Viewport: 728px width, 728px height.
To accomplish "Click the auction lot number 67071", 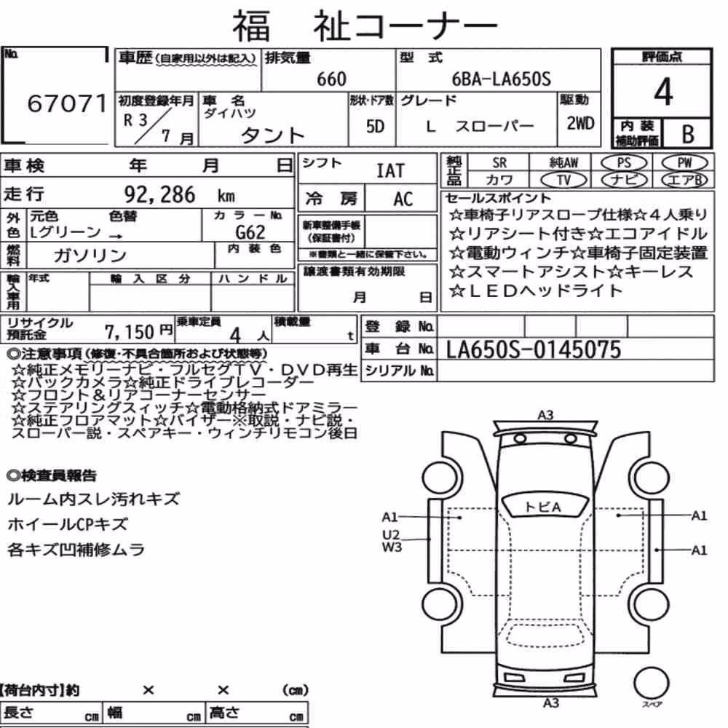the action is click(x=67, y=103).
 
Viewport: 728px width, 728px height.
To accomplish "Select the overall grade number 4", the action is click(x=663, y=92).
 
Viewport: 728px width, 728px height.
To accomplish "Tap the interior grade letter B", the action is click(x=688, y=134).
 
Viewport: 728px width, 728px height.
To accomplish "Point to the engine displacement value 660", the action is click(x=331, y=79).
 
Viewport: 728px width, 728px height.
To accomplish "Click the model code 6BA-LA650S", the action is click(x=502, y=79).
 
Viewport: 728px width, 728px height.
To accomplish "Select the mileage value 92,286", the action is click(x=159, y=194).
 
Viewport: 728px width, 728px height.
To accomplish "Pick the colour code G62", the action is click(x=250, y=232).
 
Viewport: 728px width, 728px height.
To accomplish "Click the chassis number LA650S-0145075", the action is click(x=534, y=350).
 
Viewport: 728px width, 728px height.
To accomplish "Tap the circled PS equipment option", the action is click(x=624, y=163).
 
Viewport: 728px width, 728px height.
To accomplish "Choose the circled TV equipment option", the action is click(x=564, y=180).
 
